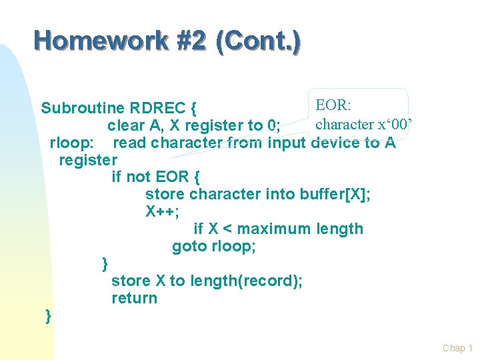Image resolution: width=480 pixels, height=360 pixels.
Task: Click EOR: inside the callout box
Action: pos(337,105)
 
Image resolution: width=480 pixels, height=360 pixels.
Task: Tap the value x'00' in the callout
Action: pos(396,124)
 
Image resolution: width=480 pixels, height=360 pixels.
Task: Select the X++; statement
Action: pos(162,211)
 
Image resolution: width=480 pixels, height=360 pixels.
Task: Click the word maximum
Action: pos(274,229)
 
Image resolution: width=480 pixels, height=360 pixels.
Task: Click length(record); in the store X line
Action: pos(246,281)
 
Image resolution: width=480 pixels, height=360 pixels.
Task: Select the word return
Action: pos(134,298)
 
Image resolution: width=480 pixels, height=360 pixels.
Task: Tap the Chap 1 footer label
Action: pos(457,348)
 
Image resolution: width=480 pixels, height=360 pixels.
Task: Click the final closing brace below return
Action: pos(47,315)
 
